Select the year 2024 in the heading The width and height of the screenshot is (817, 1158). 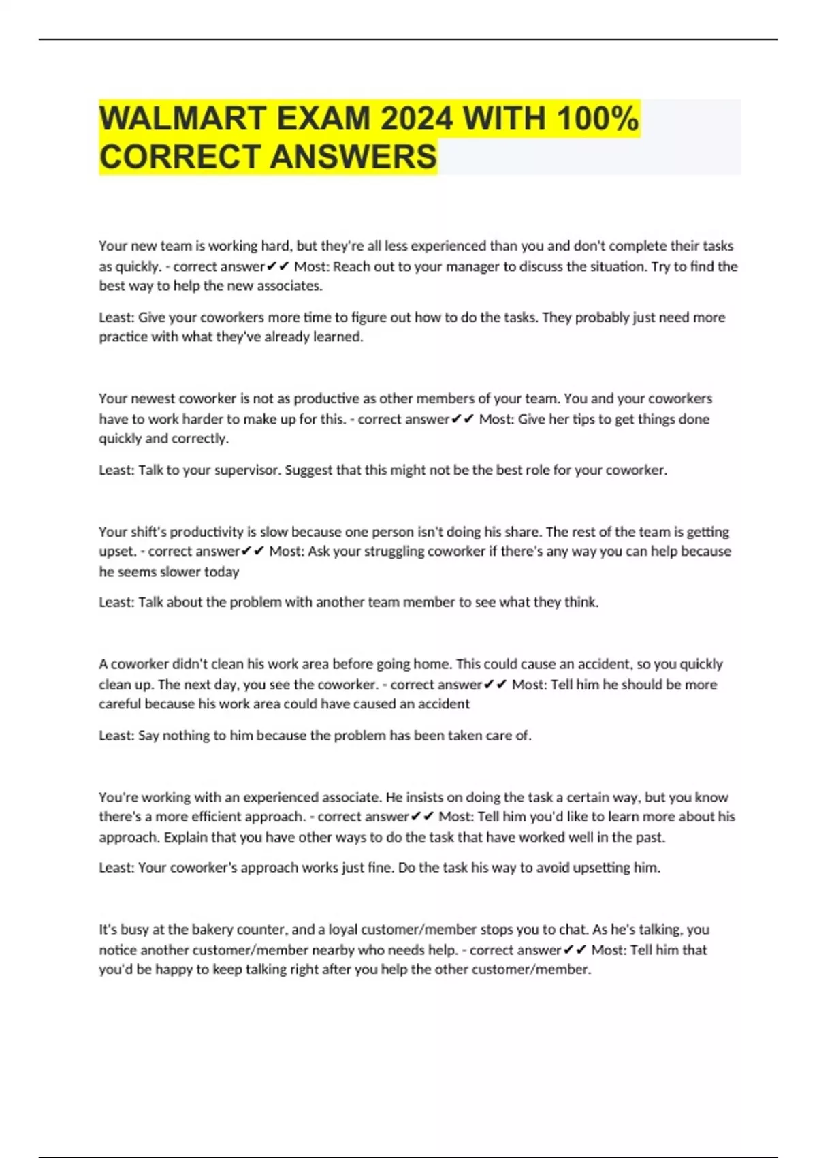(x=415, y=119)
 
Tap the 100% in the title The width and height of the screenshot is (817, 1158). (x=597, y=119)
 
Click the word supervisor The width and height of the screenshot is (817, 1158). (x=246, y=470)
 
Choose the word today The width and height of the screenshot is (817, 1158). (x=221, y=572)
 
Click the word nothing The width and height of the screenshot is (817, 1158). (x=185, y=736)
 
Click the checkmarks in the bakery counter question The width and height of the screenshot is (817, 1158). (x=575, y=950)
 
